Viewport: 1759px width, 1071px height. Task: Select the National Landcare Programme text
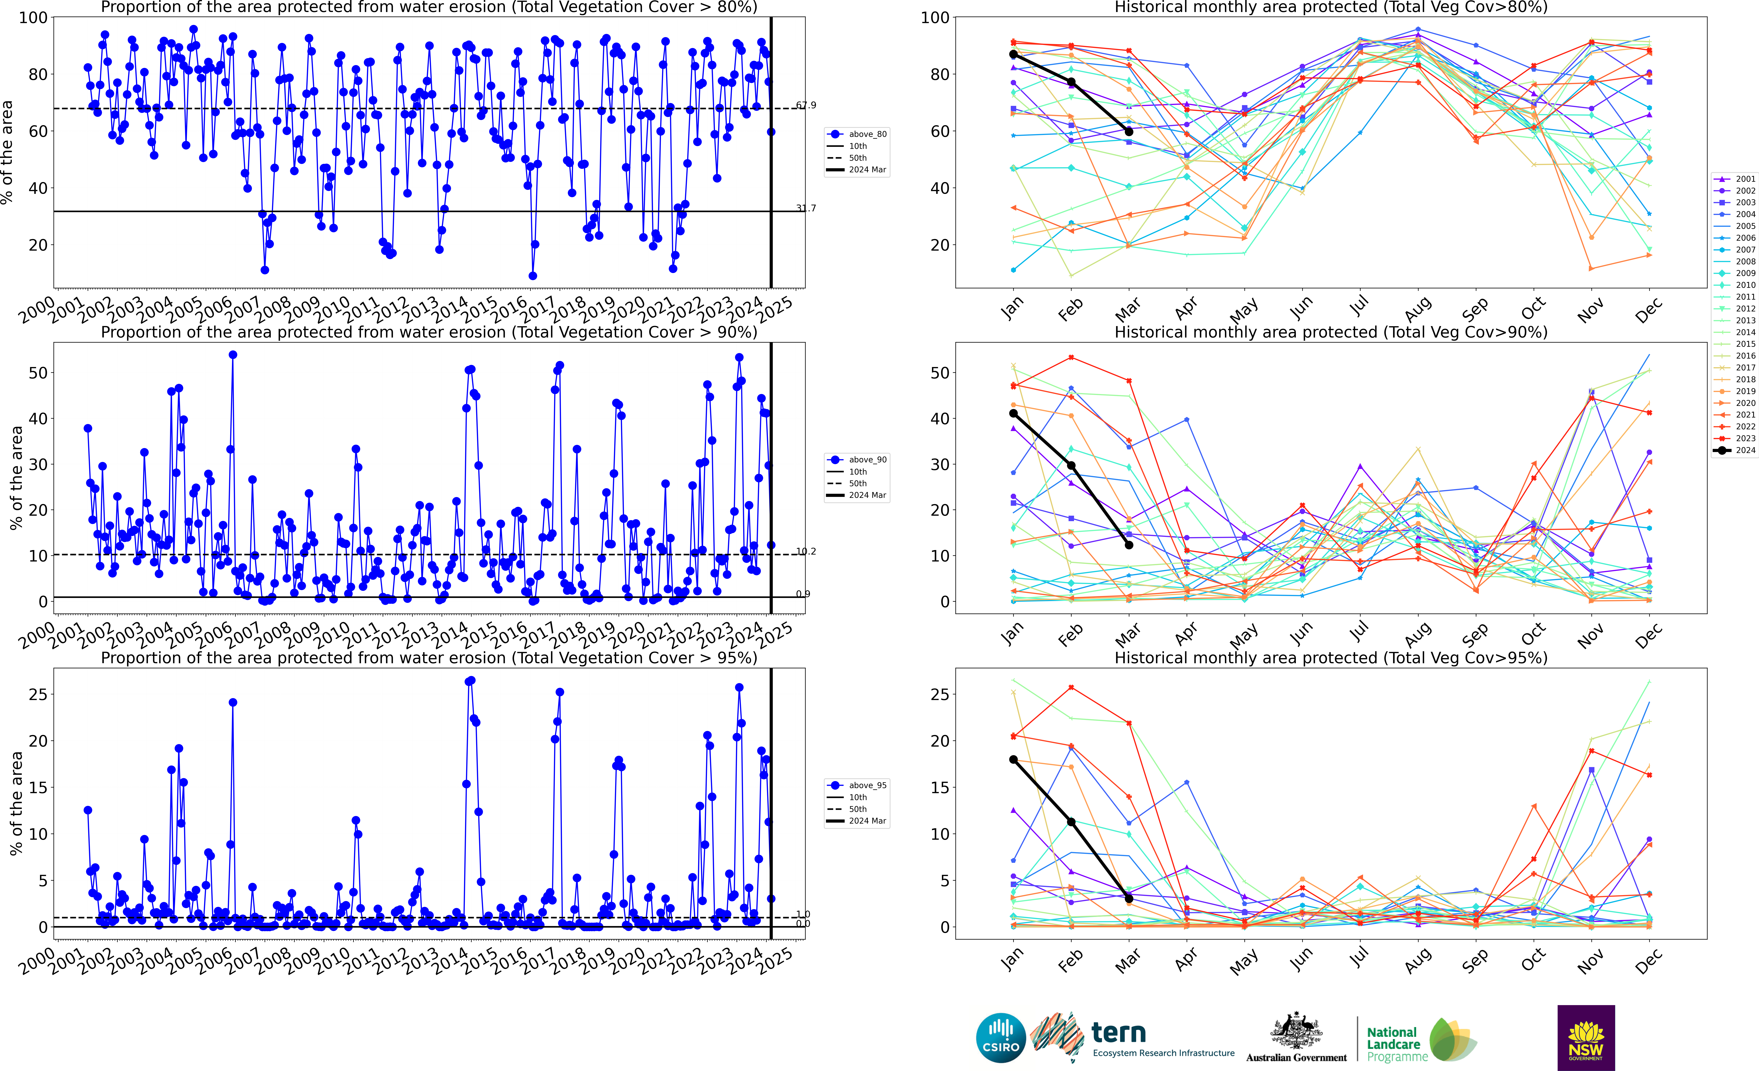(x=1396, y=1044)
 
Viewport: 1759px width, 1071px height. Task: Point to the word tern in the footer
(x=1119, y=1033)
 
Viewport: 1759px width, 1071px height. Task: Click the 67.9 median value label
(x=806, y=105)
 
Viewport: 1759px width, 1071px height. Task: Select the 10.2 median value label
(x=806, y=551)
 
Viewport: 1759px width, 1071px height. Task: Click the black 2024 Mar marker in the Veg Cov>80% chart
(x=1129, y=131)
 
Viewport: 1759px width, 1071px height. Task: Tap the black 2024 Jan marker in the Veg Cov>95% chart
(x=1013, y=760)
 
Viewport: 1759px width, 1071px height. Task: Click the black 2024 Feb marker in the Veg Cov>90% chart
(x=1071, y=466)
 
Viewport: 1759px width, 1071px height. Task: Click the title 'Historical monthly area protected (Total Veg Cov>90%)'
(x=1331, y=332)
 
